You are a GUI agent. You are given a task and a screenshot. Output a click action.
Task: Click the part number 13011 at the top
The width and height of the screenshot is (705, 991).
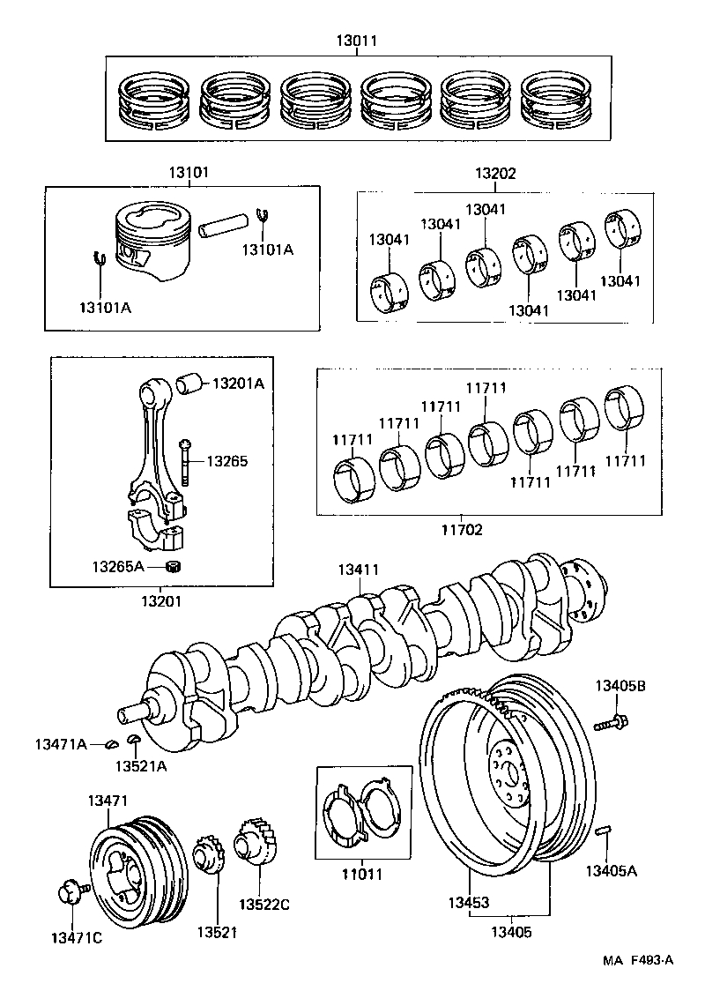[x=357, y=40]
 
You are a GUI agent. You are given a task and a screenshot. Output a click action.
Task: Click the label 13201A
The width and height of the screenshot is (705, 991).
[x=238, y=384]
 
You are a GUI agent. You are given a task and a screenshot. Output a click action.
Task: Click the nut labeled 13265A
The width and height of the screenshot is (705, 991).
[x=174, y=565]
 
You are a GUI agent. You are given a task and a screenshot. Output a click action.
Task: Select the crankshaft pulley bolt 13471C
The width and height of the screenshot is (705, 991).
[x=69, y=891]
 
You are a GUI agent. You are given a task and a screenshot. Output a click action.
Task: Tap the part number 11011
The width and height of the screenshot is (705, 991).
[x=362, y=876]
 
